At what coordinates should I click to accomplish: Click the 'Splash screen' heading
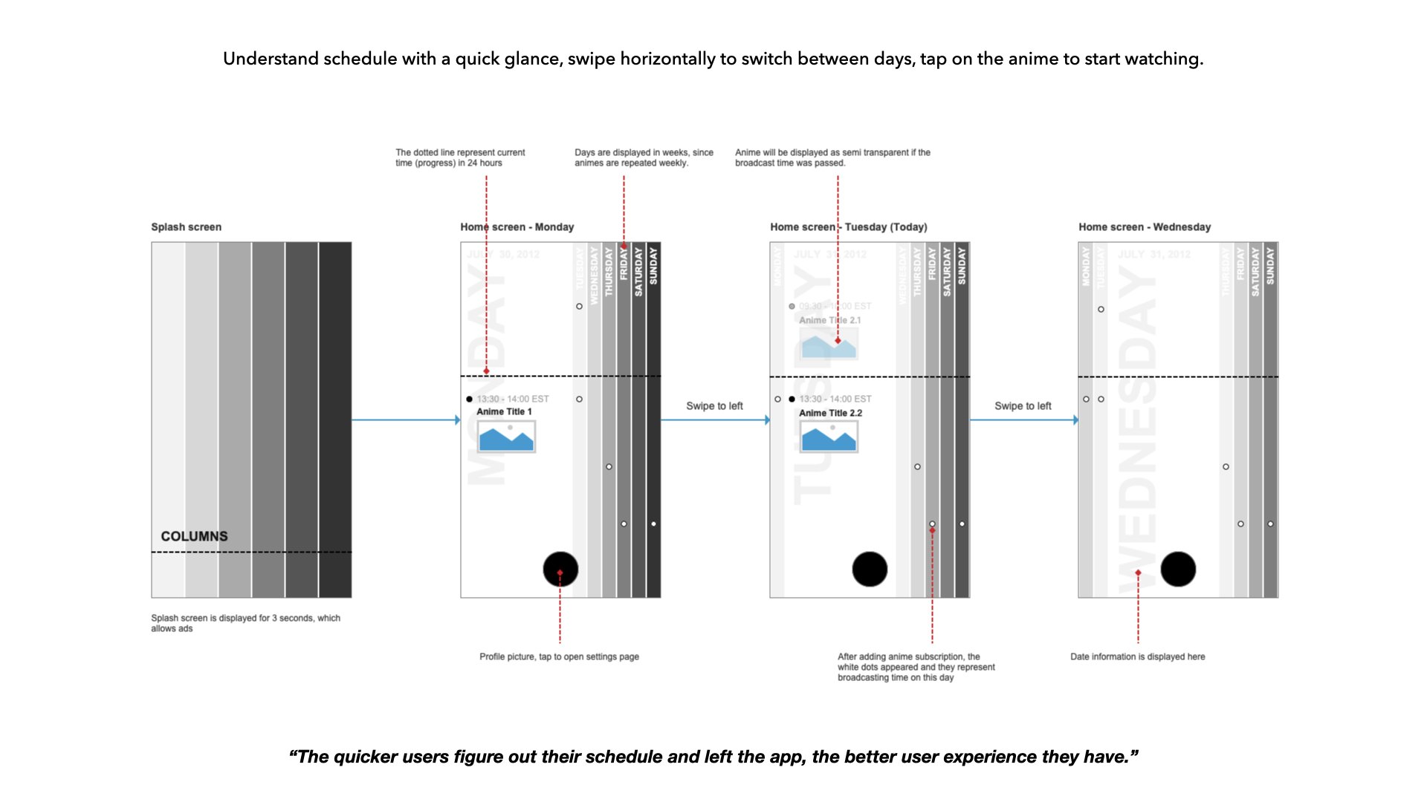click(186, 227)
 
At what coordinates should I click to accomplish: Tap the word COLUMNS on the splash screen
click(194, 536)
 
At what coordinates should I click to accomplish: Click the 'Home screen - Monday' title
click(517, 227)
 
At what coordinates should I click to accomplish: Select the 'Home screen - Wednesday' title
click(1145, 227)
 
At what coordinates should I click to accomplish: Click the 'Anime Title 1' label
click(504, 412)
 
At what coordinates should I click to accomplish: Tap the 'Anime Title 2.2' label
click(830, 414)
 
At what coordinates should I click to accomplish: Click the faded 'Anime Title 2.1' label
click(829, 321)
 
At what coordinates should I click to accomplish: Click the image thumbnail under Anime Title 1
click(506, 437)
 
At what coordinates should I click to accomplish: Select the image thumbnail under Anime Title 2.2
click(829, 437)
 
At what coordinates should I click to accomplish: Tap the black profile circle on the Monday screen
click(560, 570)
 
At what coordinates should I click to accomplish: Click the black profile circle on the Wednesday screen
click(1178, 570)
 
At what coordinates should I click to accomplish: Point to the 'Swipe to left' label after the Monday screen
click(714, 406)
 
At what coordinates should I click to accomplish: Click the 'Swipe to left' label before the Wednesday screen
click(1023, 406)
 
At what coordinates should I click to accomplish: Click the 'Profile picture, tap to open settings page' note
click(559, 657)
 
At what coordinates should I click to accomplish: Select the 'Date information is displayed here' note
click(1137, 657)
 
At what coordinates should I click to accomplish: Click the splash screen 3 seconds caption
click(245, 623)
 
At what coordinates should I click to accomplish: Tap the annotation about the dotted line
click(460, 157)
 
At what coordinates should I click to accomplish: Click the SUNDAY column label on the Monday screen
click(653, 266)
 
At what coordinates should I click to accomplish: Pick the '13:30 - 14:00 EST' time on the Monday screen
click(513, 400)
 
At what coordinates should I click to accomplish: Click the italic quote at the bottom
click(713, 757)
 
